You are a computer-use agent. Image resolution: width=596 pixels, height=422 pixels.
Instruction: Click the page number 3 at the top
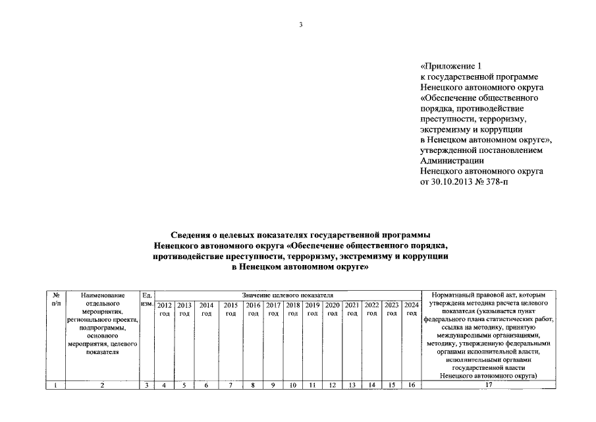point(300,25)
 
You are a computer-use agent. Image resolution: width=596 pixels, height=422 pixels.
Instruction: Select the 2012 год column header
point(165,309)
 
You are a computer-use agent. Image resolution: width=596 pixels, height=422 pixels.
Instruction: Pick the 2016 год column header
point(253,309)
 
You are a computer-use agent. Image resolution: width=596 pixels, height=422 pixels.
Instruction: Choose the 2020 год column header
point(333,309)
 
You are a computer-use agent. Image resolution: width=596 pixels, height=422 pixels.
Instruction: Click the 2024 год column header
point(412,309)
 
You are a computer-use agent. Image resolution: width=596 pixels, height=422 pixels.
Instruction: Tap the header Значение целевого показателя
point(288,295)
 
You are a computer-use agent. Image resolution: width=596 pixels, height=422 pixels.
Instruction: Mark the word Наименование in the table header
point(102,295)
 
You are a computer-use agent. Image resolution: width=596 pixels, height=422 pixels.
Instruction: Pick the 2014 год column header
point(206,309)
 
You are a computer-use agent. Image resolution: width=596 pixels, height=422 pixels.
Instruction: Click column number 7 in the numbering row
point(230,385)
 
